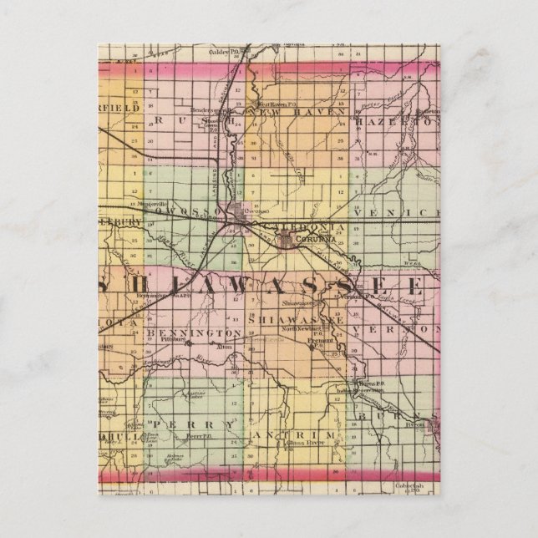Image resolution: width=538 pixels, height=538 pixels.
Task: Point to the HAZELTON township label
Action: pyautogui.click(x=393, y=122)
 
